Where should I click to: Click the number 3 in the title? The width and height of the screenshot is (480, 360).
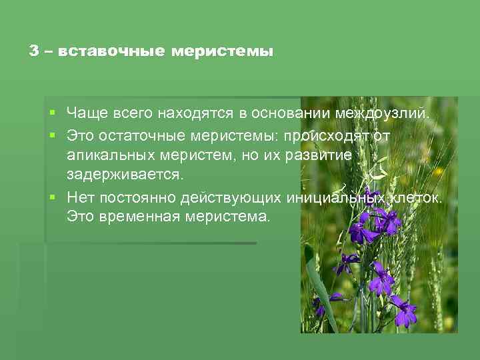point(34,51)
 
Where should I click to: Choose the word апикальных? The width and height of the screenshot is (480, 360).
point(106,155)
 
